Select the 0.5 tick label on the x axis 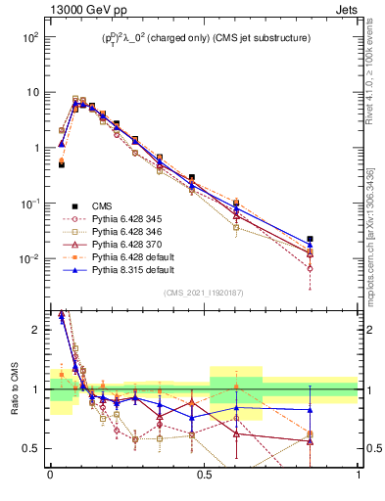(204, 476)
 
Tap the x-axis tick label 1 (358, 476)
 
